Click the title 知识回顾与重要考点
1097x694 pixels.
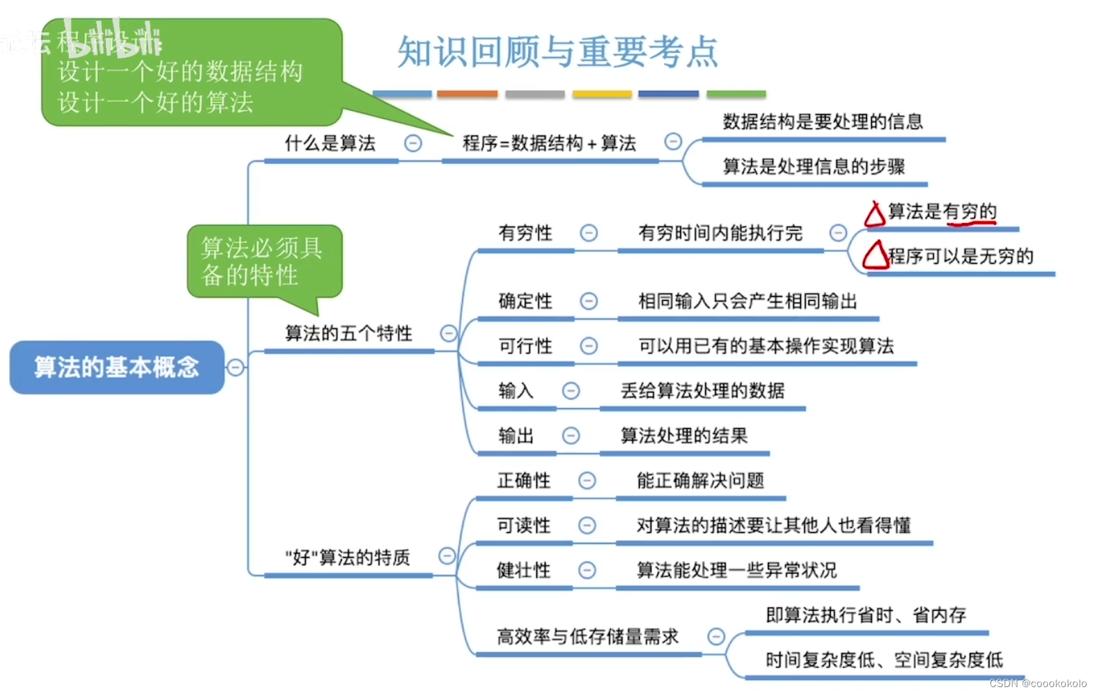tap(557, 52)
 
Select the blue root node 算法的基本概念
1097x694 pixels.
tap(116, 367)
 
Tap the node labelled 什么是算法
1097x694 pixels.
tap(330, 143)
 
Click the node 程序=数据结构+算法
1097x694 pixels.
tap(549, 143)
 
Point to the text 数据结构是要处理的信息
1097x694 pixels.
tap(822, 122)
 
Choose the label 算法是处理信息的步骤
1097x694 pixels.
tap(813, 167)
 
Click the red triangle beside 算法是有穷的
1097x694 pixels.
tap(875, 215)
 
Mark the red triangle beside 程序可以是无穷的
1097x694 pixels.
tap(875, 255)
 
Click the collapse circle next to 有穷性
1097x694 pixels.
tap(589, 233)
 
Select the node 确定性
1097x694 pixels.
tap(525, 301)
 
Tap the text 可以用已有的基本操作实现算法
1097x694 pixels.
tap(766, 346)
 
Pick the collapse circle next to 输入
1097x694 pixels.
tap(571, 391)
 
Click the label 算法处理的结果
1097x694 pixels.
tap(684, 436)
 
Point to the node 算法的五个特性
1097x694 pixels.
tap(348, 334)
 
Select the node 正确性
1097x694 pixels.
tap(523, 481)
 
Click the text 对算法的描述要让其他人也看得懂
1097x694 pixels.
tap(773, 525)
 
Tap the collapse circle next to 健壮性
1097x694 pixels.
tap(587, 570)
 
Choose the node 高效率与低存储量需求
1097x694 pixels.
tap(587, 637)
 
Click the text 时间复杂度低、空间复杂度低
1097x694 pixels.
tap(884, 660)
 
